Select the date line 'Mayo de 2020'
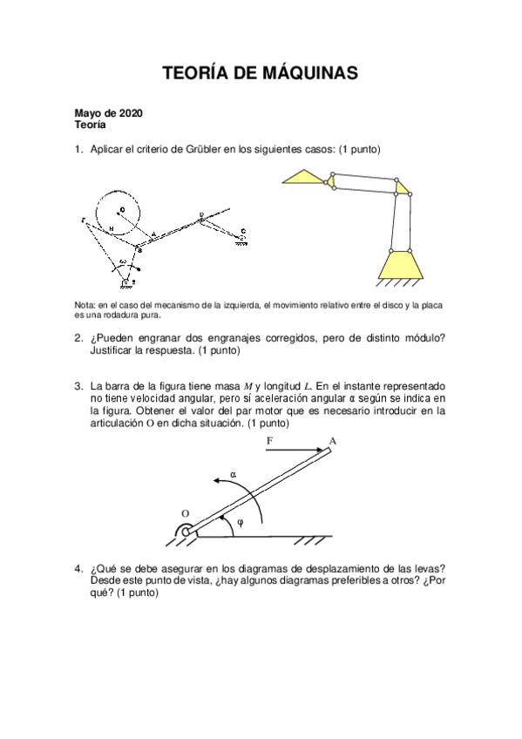[109, 113]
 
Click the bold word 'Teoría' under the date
[91, 125]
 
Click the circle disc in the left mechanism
[122, 213]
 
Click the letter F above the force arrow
[269, 442]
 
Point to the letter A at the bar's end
[333, 441]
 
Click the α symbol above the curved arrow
[233, 474]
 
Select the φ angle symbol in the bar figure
[241, 523]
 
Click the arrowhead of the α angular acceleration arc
[213, 482]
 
